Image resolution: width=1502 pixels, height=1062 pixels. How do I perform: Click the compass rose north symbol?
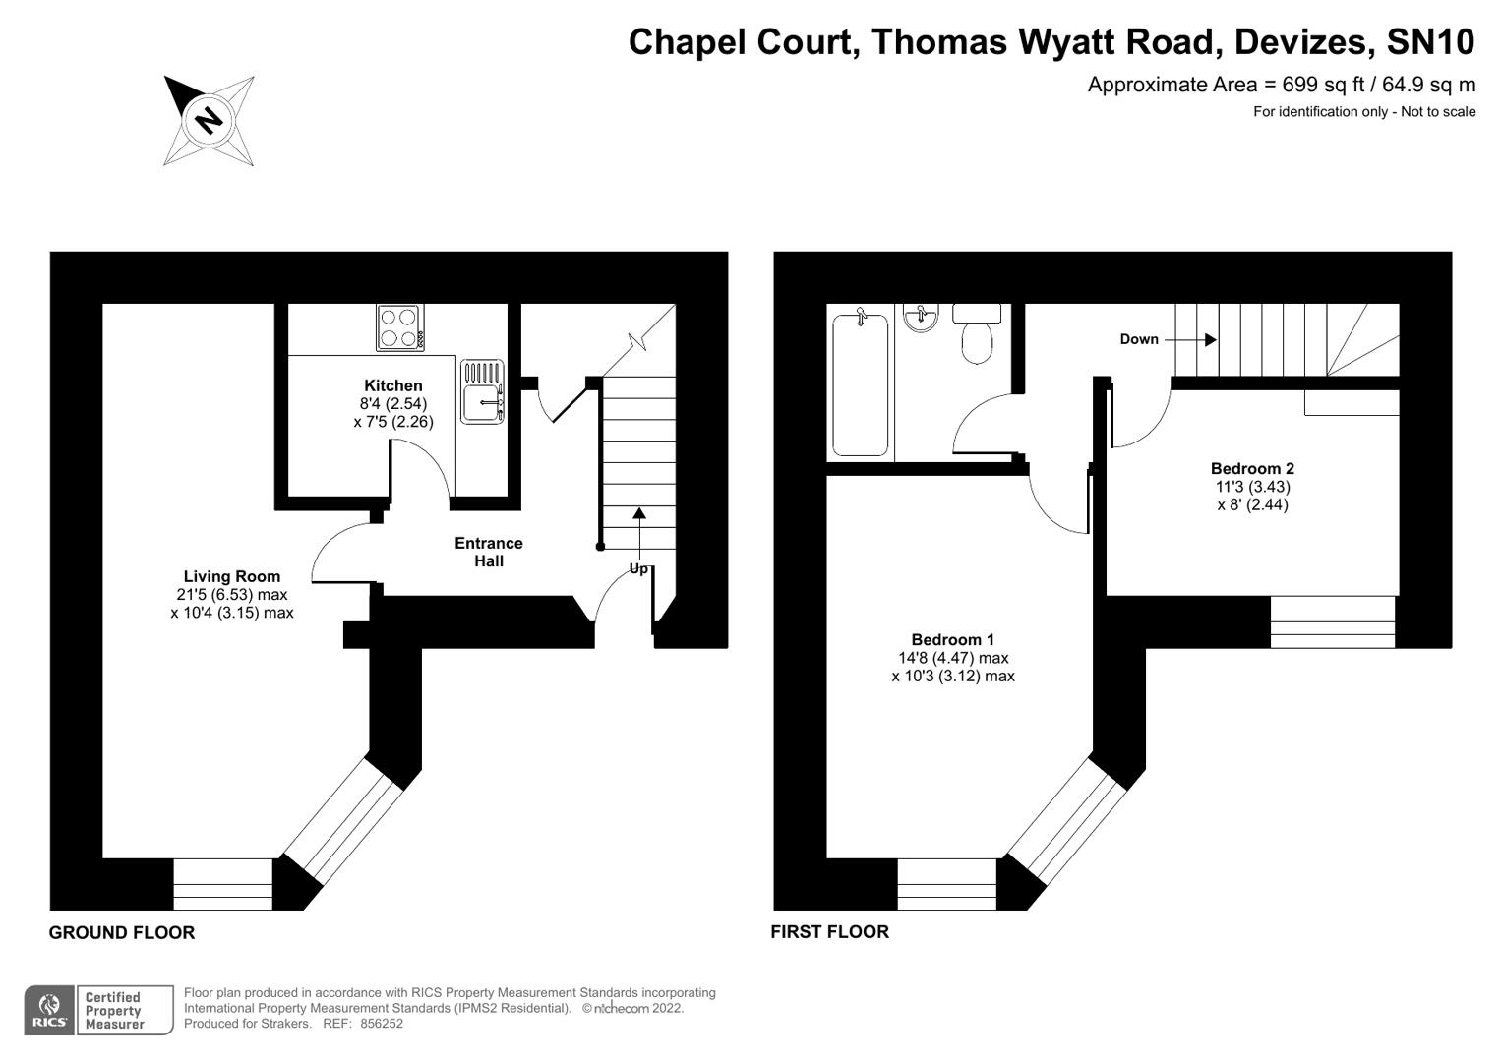[x=209, y=120]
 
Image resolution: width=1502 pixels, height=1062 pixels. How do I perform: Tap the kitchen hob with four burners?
[x=400, y=327]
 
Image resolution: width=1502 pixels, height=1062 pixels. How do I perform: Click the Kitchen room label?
[x=392, y=385]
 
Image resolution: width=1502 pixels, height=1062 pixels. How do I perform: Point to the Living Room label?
[x=231, y=576]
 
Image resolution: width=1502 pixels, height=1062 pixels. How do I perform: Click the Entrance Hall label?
[x=488, y=552]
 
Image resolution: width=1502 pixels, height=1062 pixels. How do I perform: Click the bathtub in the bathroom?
[x=860, y=383]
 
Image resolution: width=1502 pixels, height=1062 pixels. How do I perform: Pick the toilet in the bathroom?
[x=977, y=333]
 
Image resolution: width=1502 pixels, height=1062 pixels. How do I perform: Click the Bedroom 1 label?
[x=952, y=639]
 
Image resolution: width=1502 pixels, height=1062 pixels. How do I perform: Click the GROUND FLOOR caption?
[x=122, y=932]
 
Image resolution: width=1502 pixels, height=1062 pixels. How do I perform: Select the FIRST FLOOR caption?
[x=829, y=931]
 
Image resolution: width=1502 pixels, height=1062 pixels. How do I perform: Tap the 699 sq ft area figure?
[x=1321, y=85]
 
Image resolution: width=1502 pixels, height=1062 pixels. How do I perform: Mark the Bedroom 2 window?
[x=1332, y=621]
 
